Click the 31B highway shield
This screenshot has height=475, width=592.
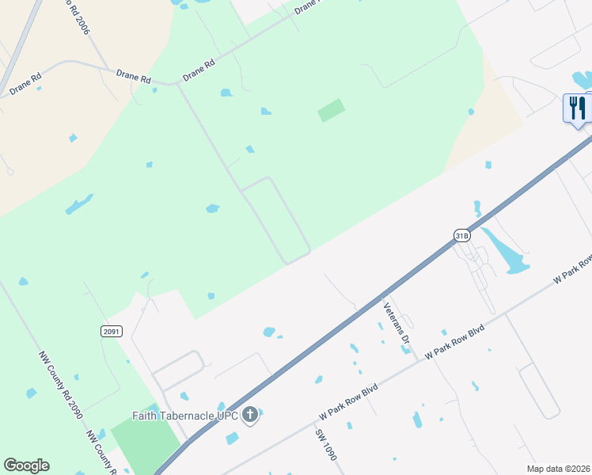[462, 235]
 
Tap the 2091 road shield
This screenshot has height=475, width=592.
[112, 331]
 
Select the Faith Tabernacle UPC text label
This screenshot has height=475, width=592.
[185, 415]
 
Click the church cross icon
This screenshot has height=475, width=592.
[250, 415]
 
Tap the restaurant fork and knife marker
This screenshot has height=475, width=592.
[577, 108]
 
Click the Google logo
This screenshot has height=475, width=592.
[26, 465]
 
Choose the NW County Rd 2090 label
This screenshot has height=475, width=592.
[59, 386]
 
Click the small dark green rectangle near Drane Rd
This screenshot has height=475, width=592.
[332, 110]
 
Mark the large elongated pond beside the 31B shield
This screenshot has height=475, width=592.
[506, 253]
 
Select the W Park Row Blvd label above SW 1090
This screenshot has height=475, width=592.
[348, 402]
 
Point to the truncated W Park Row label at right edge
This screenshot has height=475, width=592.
[573, 269]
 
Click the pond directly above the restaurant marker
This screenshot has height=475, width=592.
[582, 79]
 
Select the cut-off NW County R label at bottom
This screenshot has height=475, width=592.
[103, 453]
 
